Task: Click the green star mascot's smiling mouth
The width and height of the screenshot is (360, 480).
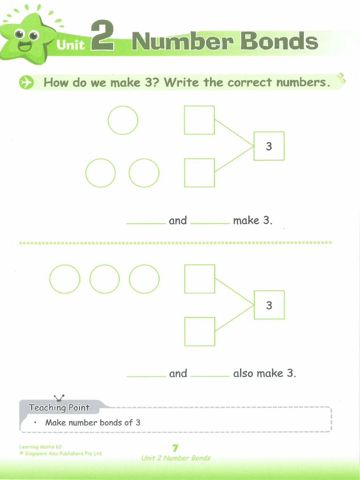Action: point(25,46)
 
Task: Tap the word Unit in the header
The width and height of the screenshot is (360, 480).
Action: point(70,45)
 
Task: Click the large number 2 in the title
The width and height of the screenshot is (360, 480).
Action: point(102,37)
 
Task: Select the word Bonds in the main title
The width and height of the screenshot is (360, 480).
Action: point(279,42)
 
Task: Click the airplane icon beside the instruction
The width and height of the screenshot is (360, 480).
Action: point(26,83)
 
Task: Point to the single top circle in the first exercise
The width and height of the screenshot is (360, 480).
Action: point(123,120)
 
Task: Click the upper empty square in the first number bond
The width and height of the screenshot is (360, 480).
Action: point(199,120)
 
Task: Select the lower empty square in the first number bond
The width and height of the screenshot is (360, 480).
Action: point(199,172)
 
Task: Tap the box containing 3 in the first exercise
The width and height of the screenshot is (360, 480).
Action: point(269,146)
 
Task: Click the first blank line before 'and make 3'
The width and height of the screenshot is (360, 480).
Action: point(146,221)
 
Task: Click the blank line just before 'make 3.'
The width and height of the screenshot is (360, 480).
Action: point(210,221)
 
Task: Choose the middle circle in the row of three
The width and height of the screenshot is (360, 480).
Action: point(104,279)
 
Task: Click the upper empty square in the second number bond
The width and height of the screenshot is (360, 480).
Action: point(200,279)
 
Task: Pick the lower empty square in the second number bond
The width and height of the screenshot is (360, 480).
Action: point(200,331)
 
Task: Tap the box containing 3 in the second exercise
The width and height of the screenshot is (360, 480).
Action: point(269,305)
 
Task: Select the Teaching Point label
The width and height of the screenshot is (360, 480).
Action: point(59,407)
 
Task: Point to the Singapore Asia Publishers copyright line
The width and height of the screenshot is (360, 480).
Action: point(60,453)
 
